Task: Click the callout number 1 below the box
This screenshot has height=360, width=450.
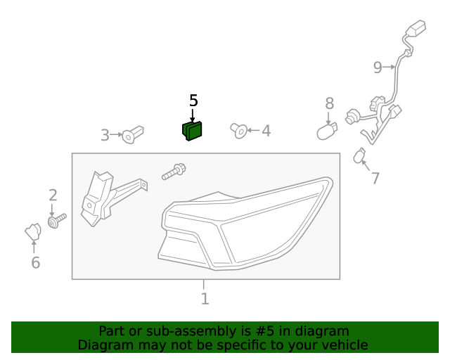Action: click(205, 299)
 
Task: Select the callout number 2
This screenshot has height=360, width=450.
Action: click(53, 195)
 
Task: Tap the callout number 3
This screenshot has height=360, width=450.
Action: click(105, 135)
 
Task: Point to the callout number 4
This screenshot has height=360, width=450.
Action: click(265, 131)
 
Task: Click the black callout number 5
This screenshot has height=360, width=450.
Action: click(193, 101)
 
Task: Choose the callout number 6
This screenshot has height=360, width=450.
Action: click(35, 263)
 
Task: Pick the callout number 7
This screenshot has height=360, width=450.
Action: click(375, 179)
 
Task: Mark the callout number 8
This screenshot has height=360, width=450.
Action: click(329, 104)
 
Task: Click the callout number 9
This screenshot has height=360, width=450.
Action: click(378, 67)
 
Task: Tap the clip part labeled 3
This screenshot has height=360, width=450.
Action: click(132, 134)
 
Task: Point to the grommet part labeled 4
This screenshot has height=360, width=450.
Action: click(239, 130)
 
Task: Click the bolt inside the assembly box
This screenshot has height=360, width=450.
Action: click(174, 170)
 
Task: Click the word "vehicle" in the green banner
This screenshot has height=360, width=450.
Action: click(342, 345)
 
